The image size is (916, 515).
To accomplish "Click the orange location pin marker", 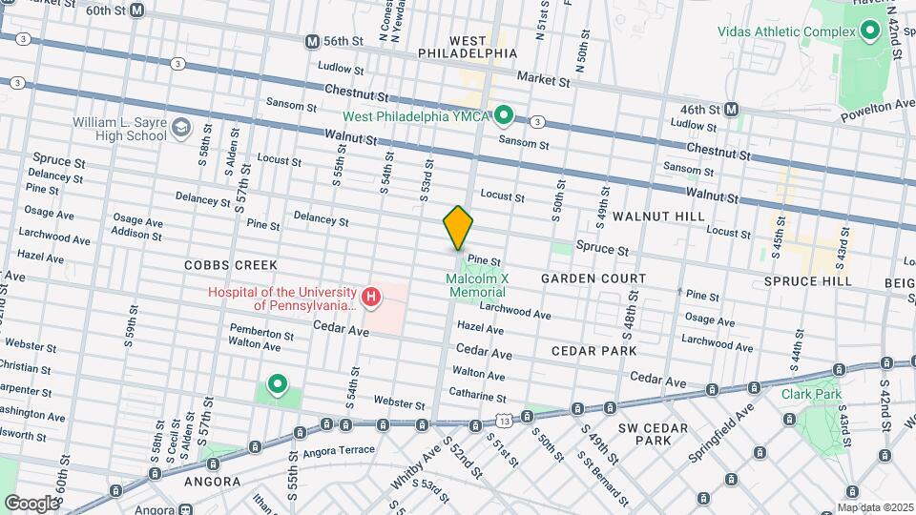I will [x=458, y=228].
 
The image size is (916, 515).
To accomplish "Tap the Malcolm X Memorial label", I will [x=476, y=284].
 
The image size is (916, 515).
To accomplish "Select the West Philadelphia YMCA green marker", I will [x=505, y=116].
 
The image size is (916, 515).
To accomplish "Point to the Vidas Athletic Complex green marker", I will [x=869, y=32].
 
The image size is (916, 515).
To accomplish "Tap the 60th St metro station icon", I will [x=137, y=10].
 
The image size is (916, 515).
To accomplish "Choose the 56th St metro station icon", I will [x=312, y=42].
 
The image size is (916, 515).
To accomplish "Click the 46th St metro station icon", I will [x=732, y=110].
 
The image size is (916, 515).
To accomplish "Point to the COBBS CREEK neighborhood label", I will [x=231, y=264].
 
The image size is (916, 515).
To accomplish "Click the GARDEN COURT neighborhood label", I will [x=593, y=278].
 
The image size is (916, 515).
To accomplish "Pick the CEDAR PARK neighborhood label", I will [x=593, y=351].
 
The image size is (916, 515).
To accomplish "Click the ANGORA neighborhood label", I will [x=212, y=482].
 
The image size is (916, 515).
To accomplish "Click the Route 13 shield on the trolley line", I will [x=503, y=420].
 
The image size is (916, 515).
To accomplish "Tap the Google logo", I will [x=31, y=503].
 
